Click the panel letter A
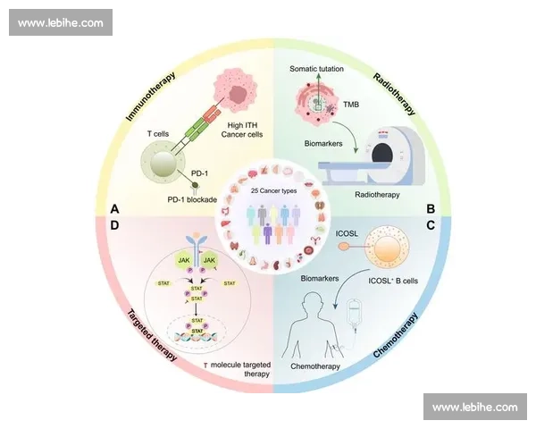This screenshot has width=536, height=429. click(x=114, y=208)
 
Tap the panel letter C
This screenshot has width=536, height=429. click(x=430, y=226)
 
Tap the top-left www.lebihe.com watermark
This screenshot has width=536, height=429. click(x=60, y=21)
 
